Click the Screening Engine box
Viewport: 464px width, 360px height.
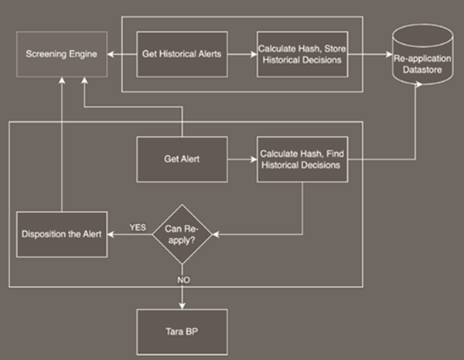tap(62, 54)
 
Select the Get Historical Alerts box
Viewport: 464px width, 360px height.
tap(182, 54)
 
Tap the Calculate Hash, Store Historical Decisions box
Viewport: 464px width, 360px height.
tap(302, 54)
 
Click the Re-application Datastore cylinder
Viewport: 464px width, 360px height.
tap(422, 55)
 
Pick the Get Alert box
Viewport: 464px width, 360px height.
tap(182, 159)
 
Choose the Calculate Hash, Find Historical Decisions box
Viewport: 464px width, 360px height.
tap(302, 159)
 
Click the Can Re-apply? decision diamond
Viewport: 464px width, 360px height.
tap(182, 234)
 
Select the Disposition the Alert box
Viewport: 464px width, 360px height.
tap(62, 234)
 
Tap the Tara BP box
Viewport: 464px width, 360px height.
tap(182, 332)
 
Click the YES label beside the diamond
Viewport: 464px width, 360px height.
tap(138, 228)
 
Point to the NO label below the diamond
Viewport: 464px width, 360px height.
tap(183, 280)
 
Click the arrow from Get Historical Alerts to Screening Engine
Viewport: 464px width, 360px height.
tap(122, 54)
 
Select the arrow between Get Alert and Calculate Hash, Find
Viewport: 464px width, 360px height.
tap(242, 160)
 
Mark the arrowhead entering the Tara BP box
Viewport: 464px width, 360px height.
tap(182, 306)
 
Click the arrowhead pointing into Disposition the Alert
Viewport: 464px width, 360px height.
tap(111, 234)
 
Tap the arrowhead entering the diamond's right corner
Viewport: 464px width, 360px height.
tap(216, 234)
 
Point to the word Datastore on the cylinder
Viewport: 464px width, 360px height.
tap(422, 70)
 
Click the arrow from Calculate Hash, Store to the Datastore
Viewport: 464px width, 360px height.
tap(370, 54)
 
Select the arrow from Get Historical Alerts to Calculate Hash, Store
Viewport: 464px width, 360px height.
tap(242, 54)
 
